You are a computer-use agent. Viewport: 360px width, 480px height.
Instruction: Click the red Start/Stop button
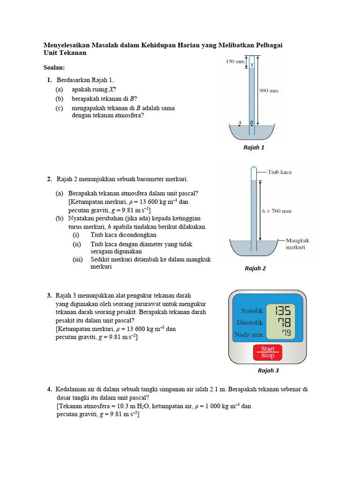point(268,352)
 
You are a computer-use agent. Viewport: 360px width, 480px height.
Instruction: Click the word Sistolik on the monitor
point(252,311)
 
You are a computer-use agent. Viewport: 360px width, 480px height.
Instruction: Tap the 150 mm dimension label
point(235,61)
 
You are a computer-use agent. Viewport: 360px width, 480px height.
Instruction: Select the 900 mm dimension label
point(269,90)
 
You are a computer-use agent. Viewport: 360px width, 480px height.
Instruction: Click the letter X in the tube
point(252,66)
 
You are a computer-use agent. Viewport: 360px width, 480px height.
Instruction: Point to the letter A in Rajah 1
point(240,123)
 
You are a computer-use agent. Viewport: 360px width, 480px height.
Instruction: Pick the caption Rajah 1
point(254,148)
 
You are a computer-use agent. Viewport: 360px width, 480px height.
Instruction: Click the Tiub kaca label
point(279,172)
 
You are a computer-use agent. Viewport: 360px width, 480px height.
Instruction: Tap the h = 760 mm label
point(276,211)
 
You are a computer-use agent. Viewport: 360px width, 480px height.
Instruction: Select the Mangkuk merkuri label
point(297,244)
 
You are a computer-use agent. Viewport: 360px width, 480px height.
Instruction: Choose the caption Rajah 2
point(255,269)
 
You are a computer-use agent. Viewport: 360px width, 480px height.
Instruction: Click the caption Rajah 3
point(268,370)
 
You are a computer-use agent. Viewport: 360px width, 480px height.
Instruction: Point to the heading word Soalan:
point(54,67)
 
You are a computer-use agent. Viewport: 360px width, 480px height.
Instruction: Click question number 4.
point(49,390)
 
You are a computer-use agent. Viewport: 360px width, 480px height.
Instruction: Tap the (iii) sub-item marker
point(77,259)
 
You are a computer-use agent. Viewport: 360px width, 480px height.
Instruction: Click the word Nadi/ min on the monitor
point(248,335)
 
